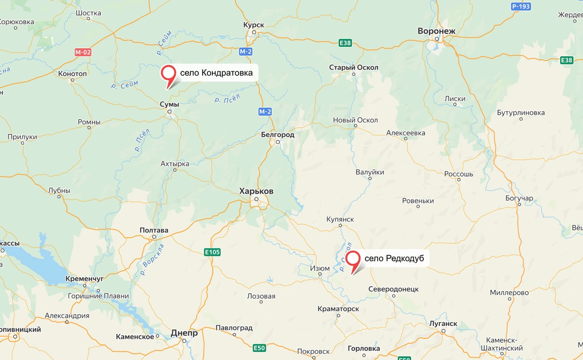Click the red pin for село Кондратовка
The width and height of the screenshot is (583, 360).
169,74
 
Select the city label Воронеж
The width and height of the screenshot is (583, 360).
436,31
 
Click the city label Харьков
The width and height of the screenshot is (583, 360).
256,191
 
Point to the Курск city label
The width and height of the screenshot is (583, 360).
254,25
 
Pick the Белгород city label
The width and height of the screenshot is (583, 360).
278,134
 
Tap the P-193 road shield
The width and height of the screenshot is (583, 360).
521,6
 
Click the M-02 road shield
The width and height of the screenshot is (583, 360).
83,52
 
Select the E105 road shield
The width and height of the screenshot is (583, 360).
212,252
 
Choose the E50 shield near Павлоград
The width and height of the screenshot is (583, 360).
259,348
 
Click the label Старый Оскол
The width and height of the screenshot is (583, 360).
354,68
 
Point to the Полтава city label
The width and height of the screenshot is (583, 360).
154,230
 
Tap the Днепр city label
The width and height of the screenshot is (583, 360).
184,333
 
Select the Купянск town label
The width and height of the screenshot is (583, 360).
340,219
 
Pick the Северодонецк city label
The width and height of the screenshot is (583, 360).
394,289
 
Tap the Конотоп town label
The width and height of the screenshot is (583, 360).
72,74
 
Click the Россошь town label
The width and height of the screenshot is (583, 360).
458,174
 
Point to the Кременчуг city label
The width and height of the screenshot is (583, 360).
84,279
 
